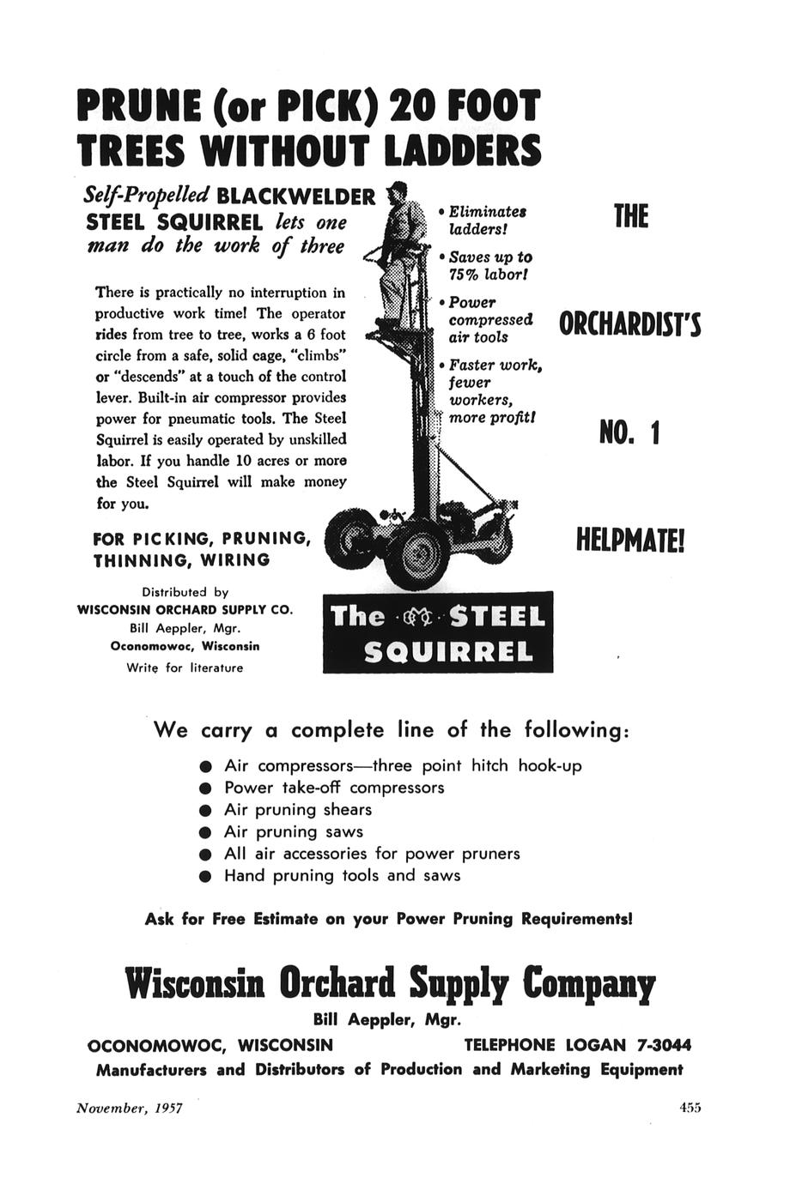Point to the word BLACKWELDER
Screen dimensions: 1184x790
tap(297, 197)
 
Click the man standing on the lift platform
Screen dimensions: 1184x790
tap(400, 249)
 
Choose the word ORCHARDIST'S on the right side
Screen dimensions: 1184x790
tap(630, 325)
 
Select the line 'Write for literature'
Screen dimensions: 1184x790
tap(185, 668)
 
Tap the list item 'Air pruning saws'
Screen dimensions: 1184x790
tap(294, 831)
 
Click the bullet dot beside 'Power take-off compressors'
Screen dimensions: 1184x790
tap(204, 788)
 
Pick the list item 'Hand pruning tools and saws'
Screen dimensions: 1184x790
tap(342, 876)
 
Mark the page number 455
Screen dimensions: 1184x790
tap(690, 1108)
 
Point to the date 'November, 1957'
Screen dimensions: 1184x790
tap(130, 1108)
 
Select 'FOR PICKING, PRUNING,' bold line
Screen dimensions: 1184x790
tap(201, 539)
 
